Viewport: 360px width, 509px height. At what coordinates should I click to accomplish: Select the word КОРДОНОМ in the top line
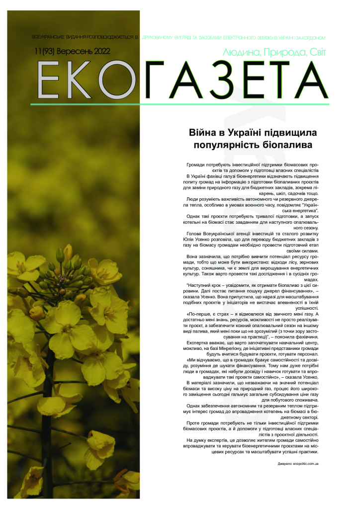point(312,37)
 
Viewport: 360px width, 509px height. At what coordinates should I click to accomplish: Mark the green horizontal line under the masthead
point(179,104)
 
